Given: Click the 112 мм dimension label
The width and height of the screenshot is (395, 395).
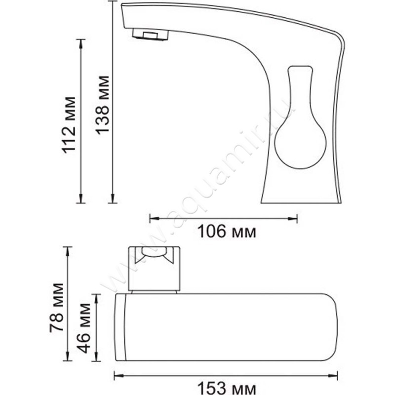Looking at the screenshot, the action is tap(69, 125).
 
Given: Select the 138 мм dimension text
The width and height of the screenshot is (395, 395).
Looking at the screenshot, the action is tap(102, 105).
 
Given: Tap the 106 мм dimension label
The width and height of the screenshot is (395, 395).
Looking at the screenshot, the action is tap(227, 232).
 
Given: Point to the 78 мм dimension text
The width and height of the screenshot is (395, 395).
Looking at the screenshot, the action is tap(56, 308).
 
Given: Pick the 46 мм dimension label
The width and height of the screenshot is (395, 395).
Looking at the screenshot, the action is tap(84, 328).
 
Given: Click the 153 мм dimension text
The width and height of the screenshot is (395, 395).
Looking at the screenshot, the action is tap(226, 388).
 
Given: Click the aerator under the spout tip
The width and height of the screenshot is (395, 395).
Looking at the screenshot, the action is tap(151, 35).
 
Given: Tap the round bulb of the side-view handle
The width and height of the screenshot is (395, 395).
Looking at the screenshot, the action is tap(300, 146).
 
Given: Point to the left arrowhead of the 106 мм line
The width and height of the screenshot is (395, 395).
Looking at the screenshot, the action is tap(154, 218).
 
